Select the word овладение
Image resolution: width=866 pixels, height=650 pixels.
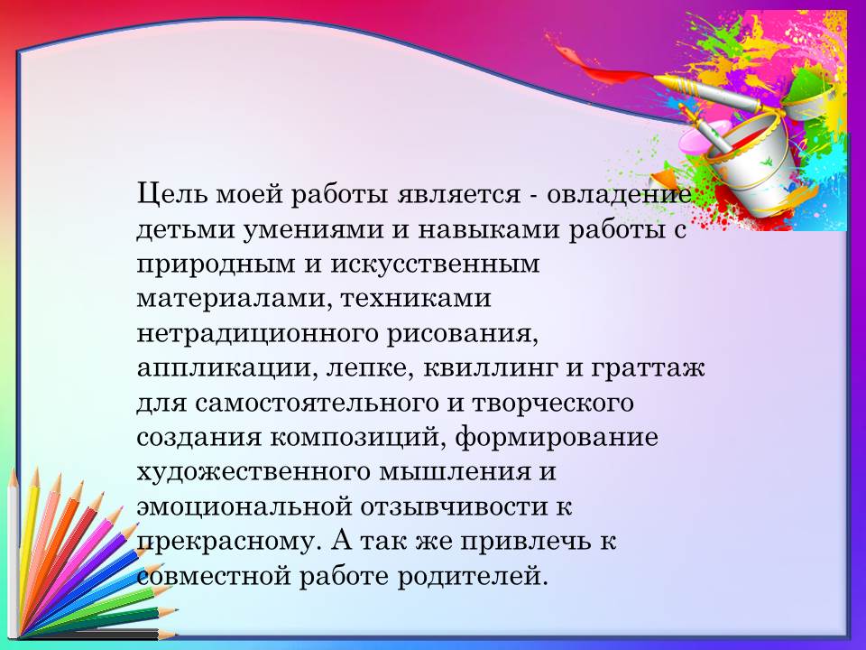coord(619,195)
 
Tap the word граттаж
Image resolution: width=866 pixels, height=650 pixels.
coord(649,369)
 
